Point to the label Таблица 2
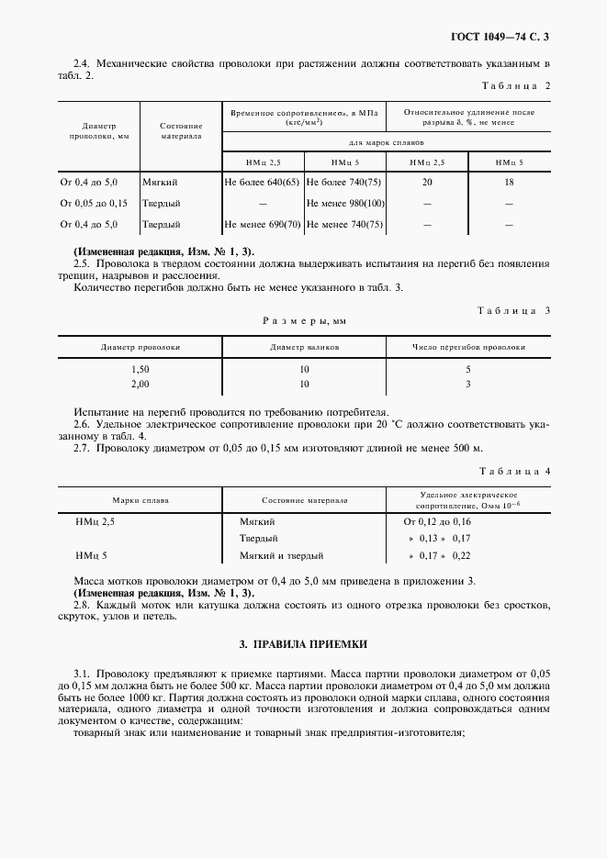[x=515, y=85]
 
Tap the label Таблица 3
[x=514, y=310]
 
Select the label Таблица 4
[x=515, y=471]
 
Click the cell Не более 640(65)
[x=262, y=183]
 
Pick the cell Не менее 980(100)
[x=344, y=203]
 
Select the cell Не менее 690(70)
[x=262, y=224]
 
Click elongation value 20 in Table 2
[x=427, y=183]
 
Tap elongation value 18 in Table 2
[x=509, y=183]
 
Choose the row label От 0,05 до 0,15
[x=94, y=203]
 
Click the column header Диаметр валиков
[x=304, y=348]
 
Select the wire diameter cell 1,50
[x=141, y=369]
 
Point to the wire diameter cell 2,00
[x=141, y=384]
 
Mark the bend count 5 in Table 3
[x=468, y=369]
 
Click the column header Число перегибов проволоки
[x=468, y=348]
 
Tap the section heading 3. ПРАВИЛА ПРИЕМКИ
[x=303, y=644]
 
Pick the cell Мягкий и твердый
[x=280, y=555]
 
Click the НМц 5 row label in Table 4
[x=92, y=555]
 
